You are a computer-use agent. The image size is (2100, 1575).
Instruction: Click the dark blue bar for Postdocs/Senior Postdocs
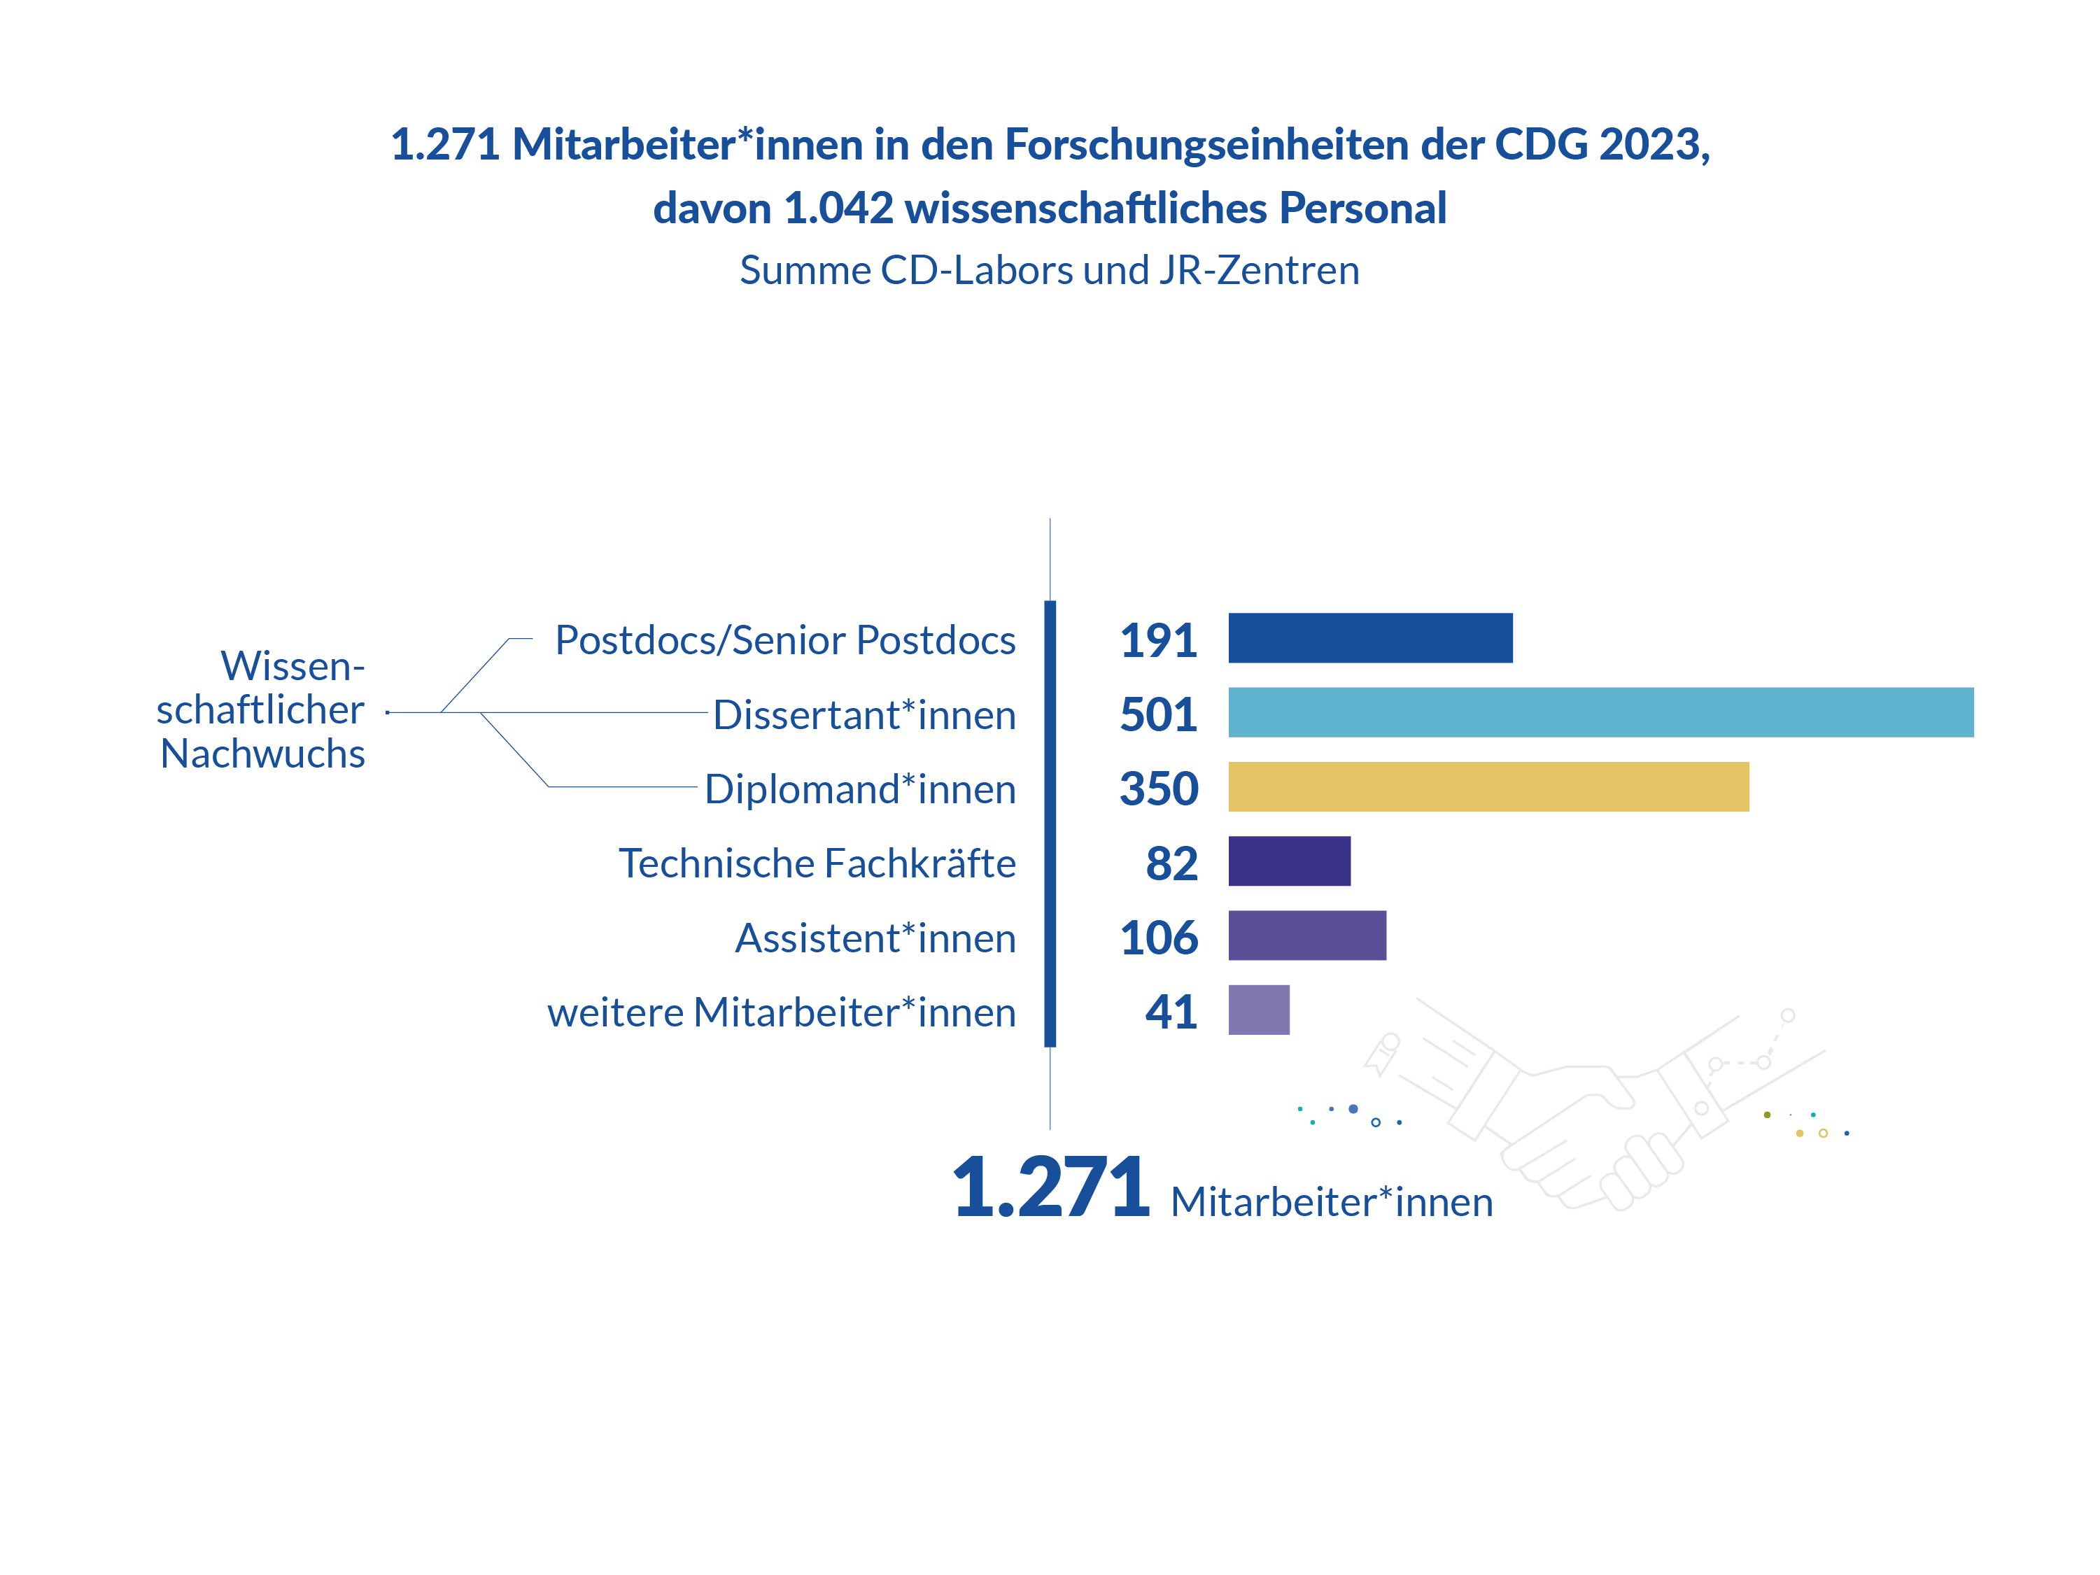[x=1370, y=638]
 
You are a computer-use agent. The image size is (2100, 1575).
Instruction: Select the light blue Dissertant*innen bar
[x=1600, y=712]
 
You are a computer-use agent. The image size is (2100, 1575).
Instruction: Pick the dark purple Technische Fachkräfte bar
[x=1289, y=861]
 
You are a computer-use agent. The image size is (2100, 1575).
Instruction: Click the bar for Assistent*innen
[x=1307, y=935]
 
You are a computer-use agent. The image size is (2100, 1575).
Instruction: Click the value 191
[x=1158, y=641]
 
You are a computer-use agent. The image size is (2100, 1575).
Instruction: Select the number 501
[x=1158, y=715]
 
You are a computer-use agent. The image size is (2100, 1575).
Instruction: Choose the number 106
[x=1160, y=938]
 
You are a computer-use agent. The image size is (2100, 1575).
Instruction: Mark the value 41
[x=1171, y=1012]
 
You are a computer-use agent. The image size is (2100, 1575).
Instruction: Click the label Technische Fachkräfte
[x=817, y=863]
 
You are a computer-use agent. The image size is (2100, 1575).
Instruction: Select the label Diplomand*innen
[x=860, y=790]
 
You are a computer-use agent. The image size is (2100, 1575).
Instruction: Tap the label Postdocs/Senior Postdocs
[x=785, y=641]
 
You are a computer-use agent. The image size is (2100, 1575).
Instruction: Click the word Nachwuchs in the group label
[x=263, y=754]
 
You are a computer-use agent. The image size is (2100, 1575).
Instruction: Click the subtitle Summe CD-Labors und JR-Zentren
[x=1050, y=271]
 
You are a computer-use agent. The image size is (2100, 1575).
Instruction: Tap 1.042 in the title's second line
[x=839, y=208]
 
